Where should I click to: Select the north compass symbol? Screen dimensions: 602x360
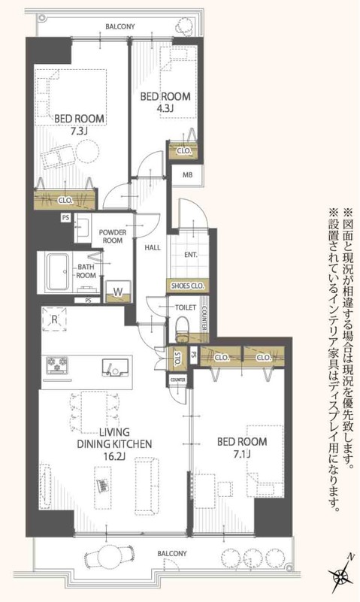(342, 577)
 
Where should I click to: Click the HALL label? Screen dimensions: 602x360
(152, 247)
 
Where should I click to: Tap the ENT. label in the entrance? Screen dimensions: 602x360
(191, 255)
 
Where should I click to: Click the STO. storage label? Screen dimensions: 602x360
(177, 358)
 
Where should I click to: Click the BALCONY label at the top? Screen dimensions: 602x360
(119, 26)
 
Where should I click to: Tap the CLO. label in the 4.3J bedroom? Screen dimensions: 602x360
(183, 151)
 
